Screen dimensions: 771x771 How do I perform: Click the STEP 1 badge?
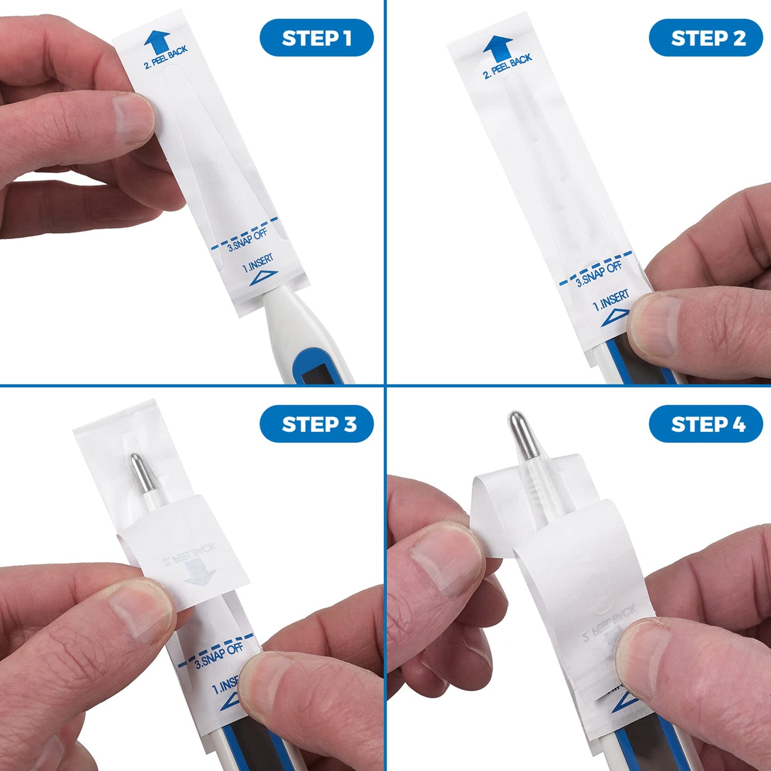pos(316,38)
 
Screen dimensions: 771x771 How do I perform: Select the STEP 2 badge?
pos(706,38)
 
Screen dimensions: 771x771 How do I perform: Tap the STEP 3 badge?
pos(316,424)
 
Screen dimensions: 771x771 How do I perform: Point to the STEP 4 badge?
pos(706,424)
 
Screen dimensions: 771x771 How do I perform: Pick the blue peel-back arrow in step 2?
pos(497,49)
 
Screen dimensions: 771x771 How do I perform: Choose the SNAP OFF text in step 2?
pos(599,274)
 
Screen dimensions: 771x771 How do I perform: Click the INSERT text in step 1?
pos(258,263)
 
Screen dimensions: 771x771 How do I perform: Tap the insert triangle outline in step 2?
pos(615,318)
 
